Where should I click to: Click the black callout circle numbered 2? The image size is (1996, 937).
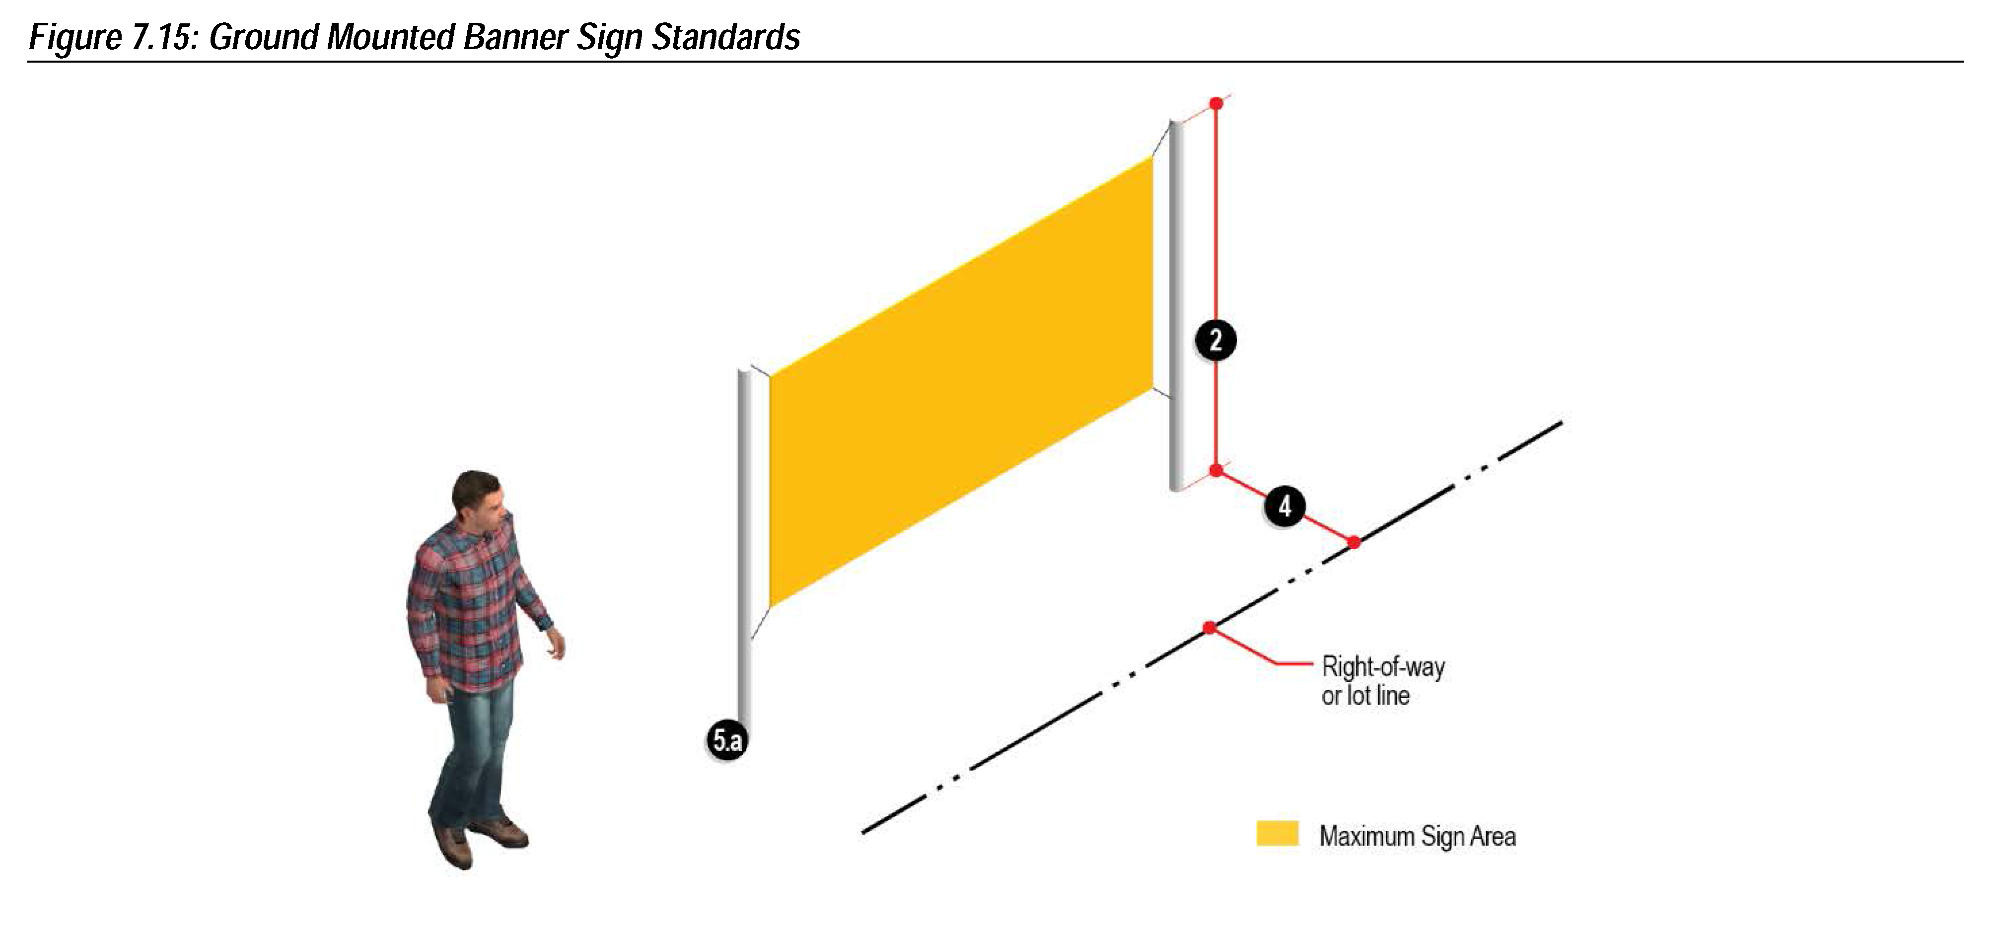point(1215,340)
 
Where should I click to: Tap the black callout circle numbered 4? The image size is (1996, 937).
point(1284,506)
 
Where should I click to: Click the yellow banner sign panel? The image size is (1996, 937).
point(961,380)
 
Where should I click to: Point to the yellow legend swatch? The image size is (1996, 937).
point(1277,833)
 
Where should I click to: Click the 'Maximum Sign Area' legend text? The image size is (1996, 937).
point(1417,836)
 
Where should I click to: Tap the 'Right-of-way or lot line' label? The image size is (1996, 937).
point(1382,680)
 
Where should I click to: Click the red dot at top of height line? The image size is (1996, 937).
point(1216,103)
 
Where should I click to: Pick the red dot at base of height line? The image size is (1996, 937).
point(1216,470)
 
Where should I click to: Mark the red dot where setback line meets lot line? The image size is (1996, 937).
point(1354,543)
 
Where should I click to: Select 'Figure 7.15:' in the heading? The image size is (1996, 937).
point(114,37)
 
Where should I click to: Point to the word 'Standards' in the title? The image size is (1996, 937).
point(725,37)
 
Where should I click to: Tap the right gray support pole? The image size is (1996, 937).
point(1177,310)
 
